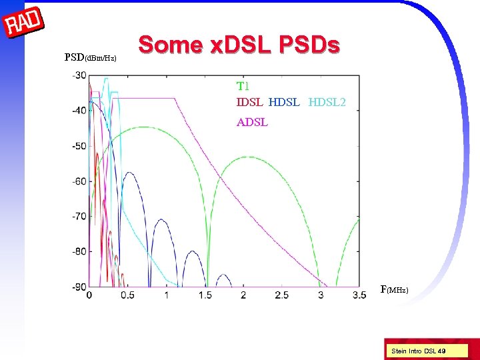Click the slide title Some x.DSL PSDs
tap(239, 45)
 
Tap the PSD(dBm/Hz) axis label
tap(91, 57)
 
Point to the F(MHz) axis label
tap(394, 289)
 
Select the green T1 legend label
tap(243, 86)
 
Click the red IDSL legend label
tap(249, 102)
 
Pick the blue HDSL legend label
tap(285, 102)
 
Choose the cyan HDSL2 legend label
tap(327, 102)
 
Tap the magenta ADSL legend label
tap(252, 122)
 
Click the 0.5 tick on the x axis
tap(127, 295)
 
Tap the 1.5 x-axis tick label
tap(205, 295)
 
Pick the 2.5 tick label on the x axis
tap(282, 295)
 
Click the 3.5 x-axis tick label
tap(359, 295)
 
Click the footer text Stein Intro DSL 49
tap(419, 350)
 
